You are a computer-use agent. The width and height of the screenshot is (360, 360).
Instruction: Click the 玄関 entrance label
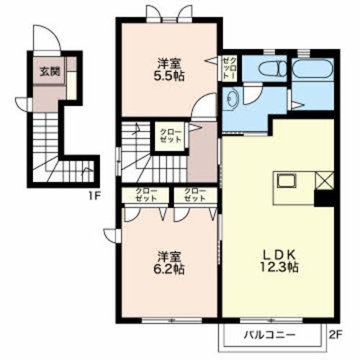[x=50, y=71]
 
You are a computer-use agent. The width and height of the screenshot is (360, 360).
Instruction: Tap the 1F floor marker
[x=94, y=197]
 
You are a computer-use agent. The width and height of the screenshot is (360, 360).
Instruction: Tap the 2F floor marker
[x=335, y=334]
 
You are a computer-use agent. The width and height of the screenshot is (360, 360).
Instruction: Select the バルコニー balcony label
[x=269, y=335]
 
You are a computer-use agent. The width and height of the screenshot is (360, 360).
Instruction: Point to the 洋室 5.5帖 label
[x=169, y=70]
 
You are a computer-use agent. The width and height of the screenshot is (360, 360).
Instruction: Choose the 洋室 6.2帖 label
[x=169, y=263]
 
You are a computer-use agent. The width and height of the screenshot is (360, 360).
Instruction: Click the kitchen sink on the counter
[x=287, y=181]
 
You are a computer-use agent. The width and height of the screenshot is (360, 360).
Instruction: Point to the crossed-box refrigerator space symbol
[x=324, y=181]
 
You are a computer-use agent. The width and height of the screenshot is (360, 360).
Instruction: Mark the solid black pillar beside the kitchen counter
[x=324, y=198]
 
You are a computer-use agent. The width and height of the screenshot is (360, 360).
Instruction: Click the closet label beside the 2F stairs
[x=171, y=136]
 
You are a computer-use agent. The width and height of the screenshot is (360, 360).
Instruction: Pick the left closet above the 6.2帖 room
[x=146, y=194]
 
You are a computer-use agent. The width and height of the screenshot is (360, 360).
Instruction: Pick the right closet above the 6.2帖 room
[x=195, y=194]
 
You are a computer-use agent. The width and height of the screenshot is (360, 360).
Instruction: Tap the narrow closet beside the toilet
[x=230, y=68]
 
